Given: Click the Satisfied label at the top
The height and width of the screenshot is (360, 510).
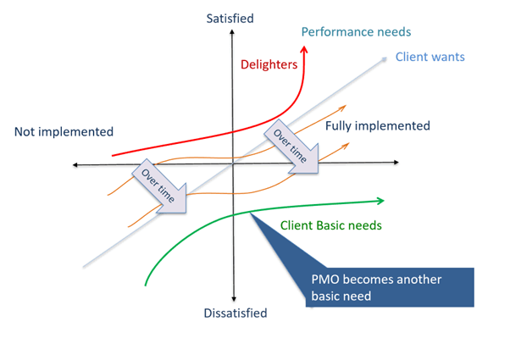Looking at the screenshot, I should tap(230, 18).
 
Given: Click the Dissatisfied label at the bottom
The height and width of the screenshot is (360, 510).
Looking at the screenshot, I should tap(235, 313).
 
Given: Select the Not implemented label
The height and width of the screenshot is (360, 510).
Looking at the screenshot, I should tap(64, 131).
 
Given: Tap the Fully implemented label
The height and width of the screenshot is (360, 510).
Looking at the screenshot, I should tap(377, 125).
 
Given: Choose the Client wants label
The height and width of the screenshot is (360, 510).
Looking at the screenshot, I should tap(430, 58).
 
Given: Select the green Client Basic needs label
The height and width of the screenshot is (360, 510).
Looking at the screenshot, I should tap(331, 226).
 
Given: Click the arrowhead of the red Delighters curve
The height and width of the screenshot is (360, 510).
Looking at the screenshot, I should tap(304, 50).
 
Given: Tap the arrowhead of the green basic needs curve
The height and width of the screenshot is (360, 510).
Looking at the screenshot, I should tap(380, 201).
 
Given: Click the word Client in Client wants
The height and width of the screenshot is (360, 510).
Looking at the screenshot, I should tap(412, 58).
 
